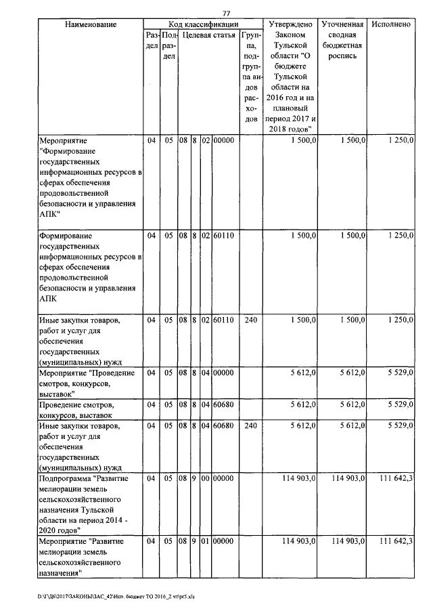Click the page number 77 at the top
(x=227, y=14)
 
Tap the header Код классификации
(x=203, y=24)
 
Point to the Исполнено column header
(x=391, y=24)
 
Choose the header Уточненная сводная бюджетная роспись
(x=343, y=41)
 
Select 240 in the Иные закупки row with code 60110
(x=251, y=320)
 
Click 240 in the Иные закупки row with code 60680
(x=251, y=427)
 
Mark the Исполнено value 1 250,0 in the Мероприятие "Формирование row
(x=396, y=140)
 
